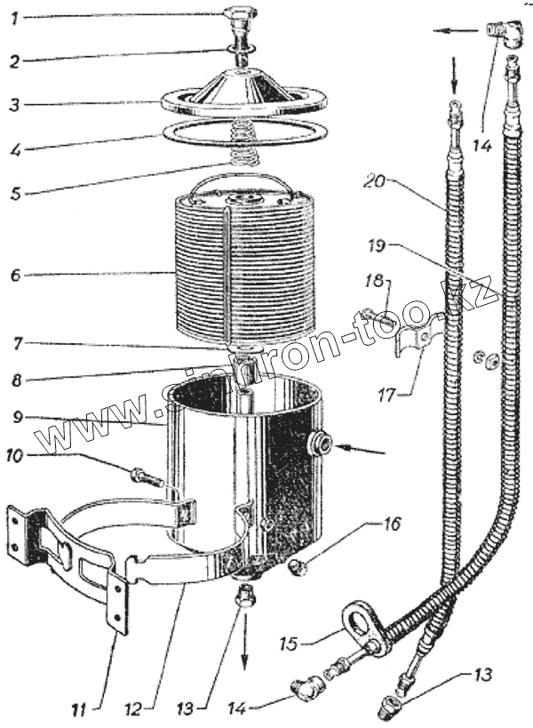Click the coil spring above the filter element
click(x=240, y=144)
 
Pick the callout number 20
click(x=375, y=182)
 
